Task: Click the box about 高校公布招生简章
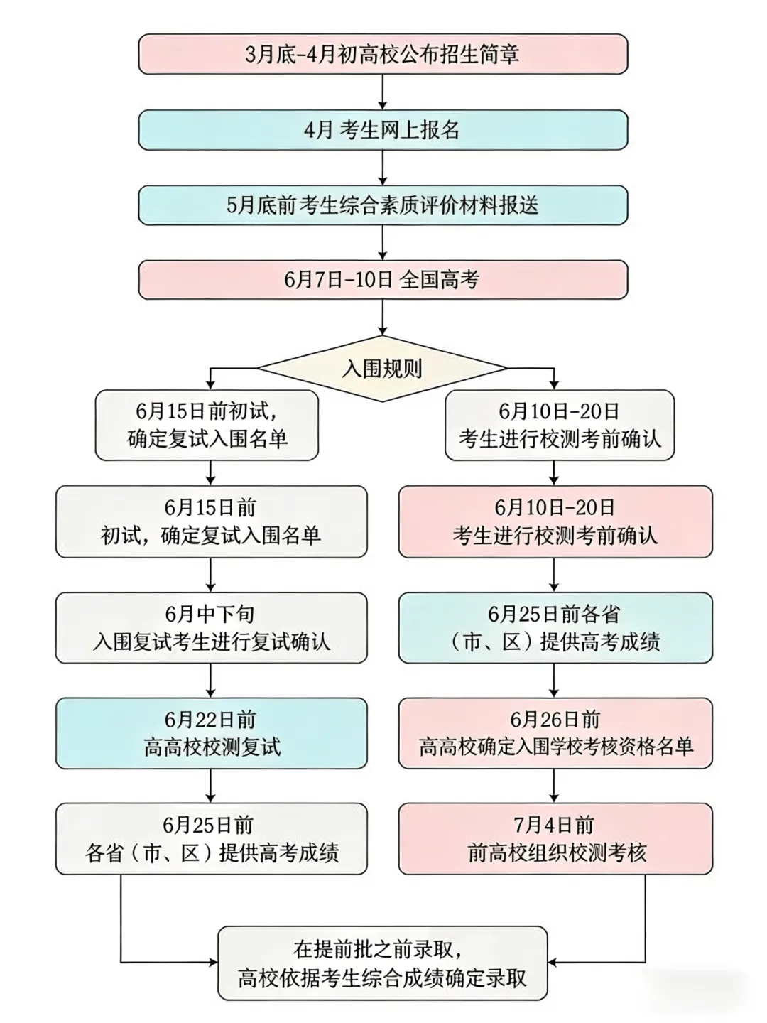click(383, 54)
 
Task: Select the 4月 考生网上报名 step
click(383, 130)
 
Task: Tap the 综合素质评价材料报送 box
click(383, 205)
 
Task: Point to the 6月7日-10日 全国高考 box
click(383, 280)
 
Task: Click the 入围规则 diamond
click(382, 368)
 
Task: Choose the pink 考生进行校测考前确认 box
click(555, 521)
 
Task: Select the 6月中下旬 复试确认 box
click(211, 628)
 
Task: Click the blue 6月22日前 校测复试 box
click(211, 733)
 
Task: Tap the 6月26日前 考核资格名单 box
click(555, 733)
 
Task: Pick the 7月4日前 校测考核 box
click(555, 839)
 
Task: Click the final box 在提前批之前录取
click(382, 963)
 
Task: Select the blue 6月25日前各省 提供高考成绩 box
click(555, 628)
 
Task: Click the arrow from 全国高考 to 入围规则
click(383, 317)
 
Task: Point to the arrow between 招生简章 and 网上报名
click(383, 92)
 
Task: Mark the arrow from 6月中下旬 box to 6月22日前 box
click(211, 681)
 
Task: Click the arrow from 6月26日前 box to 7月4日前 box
click(555, 786)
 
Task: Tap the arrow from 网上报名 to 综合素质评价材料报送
click(383, 168)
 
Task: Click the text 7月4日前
click(554, 826)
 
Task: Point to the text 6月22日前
click(210, 720)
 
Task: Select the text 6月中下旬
click(210, 615)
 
